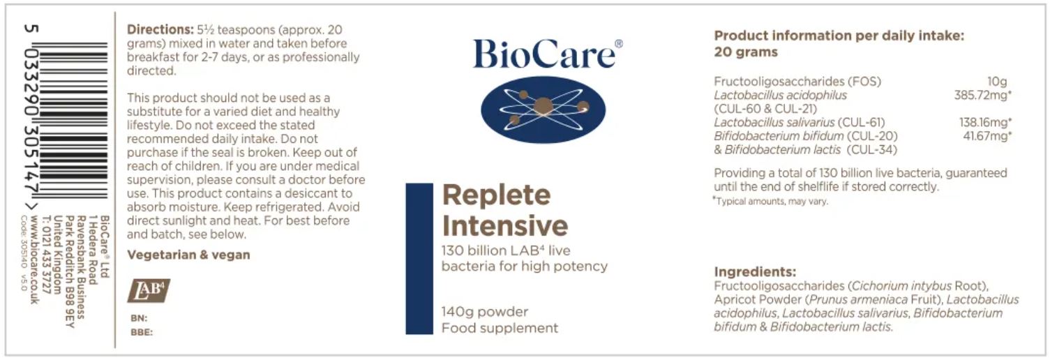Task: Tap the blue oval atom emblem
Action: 543,110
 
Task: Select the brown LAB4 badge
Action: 149,291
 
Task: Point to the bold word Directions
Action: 160,29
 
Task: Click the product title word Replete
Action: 497,196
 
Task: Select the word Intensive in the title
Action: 505,226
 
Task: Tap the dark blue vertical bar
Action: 419,259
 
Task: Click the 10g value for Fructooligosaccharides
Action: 996,82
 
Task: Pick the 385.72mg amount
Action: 982,95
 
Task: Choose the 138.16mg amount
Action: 985,122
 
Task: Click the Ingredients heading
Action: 755,272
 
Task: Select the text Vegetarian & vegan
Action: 188,255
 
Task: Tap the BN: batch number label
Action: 139,318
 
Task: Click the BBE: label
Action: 142,332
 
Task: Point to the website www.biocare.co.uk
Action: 34,259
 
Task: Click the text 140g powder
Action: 485,312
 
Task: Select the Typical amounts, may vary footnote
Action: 771,202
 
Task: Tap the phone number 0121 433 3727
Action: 46,261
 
